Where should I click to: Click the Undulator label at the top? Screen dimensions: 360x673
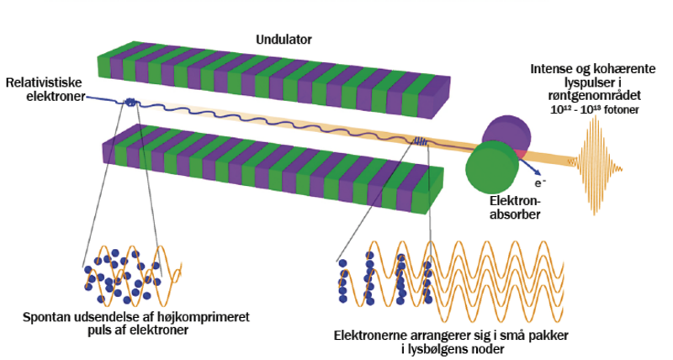[x=284, y=39]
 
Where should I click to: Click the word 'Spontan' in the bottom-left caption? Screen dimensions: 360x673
[x=50, y=317]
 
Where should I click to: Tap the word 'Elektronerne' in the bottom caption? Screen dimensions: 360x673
[x=374, y=336]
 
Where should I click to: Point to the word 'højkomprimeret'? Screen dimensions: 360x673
[x=209, y=317]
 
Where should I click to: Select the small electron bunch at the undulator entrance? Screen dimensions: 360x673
[x=132, y=103]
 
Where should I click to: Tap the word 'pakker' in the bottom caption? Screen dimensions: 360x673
[x=548, y=336]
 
